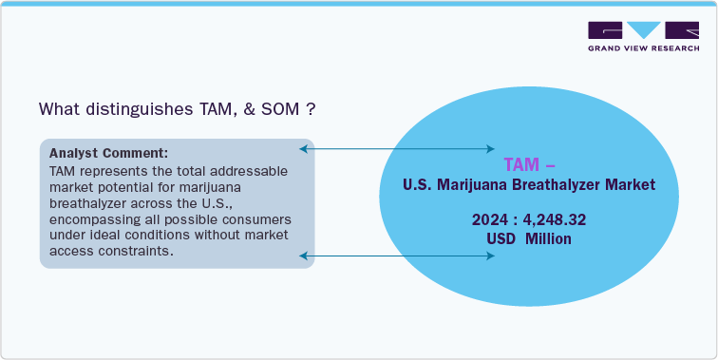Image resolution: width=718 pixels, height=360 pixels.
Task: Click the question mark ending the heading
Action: pos(311,109)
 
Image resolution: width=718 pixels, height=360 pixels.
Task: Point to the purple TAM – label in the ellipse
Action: pos(521,162)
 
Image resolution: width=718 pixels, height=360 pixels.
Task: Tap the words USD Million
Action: pos(528,238)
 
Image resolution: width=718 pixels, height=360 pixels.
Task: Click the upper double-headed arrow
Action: pos(397,149)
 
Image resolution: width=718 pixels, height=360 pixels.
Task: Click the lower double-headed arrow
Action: pos(397,256)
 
